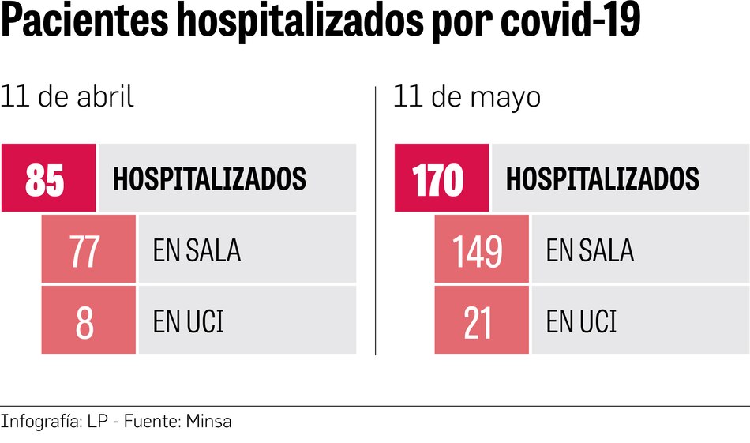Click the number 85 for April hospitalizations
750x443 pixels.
click(x=45, y=179)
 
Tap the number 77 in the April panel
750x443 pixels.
click(x=84, y=251)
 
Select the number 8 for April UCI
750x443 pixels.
click(x=85, y=322)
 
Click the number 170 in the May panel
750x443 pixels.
click(x=438, y=179)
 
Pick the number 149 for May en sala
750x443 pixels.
click(x=478, y=251)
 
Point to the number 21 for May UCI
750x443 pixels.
click(x=478, y=322)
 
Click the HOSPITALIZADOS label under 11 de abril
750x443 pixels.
click(x=209, y=179)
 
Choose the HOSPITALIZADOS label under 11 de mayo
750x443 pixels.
click(x=602, y=179)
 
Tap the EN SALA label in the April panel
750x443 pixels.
click(x=197, y=251)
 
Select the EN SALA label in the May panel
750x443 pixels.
click(x=590, y=251)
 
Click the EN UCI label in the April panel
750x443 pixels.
click(x=188, y=322)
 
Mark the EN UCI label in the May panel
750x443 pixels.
click(x=581, y=322)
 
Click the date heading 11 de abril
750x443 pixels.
click(x=67, y=97)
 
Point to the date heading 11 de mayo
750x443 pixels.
click(x=467, y=97)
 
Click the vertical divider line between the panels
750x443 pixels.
click(x=375, y=221)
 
